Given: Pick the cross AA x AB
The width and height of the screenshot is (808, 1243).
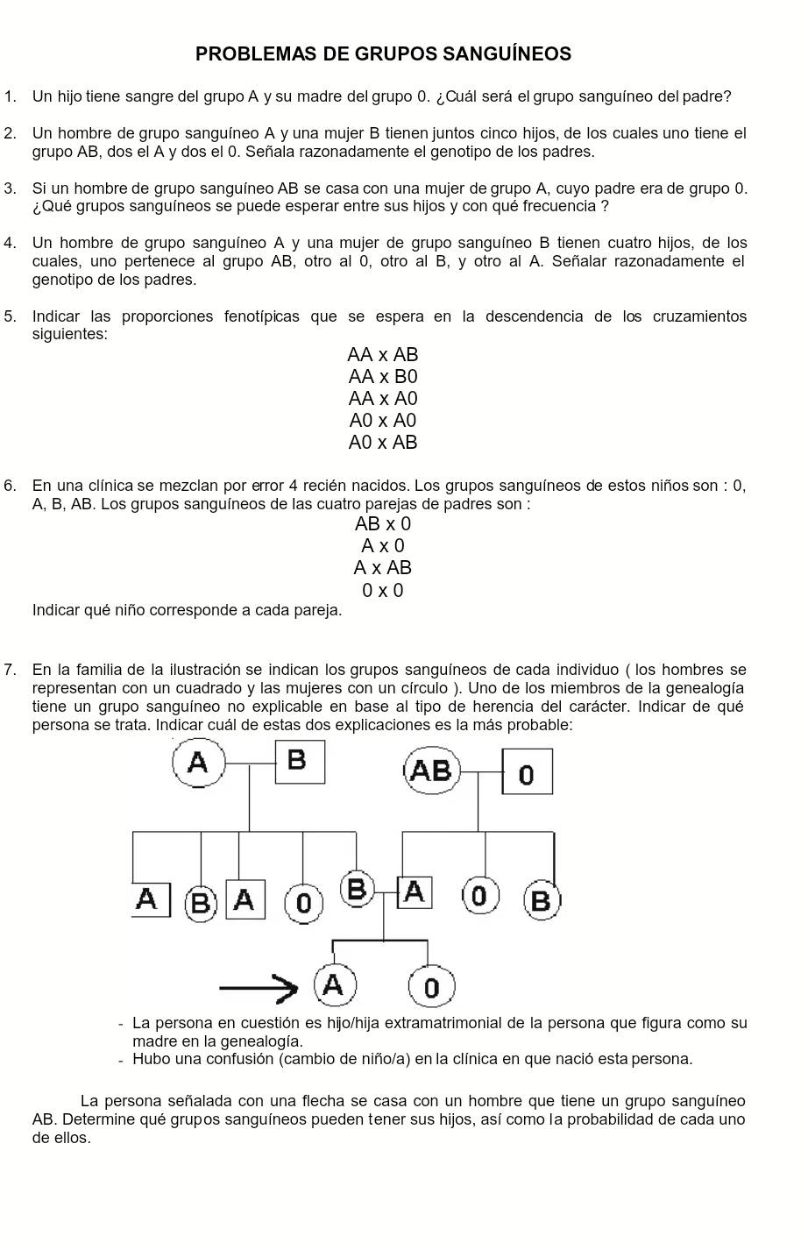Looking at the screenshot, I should (x=383, y=355).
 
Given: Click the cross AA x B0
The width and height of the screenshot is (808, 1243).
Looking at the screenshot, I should (x=383, y=377).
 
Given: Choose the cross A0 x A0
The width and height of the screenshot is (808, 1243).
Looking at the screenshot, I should (x=383, y=421).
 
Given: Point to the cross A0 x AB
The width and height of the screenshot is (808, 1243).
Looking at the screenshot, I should (x=383, y=443).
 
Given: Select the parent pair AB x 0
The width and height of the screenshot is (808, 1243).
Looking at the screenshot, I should (x=383, y=524).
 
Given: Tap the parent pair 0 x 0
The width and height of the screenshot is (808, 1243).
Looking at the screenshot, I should (x=383, y=591).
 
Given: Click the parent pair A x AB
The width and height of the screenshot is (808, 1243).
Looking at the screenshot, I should (x=383, y=568).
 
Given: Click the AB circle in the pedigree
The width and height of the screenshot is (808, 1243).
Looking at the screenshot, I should (x=431, y=771).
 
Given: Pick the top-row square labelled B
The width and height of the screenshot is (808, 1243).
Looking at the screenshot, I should (x=299, y=761).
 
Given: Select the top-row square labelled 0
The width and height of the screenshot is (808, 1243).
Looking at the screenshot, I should (x=527, y=772).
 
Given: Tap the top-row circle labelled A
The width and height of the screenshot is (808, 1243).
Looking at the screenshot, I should (x=199, y=762).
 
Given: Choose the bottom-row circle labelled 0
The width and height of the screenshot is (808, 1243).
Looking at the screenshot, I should (x=430, y=987).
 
